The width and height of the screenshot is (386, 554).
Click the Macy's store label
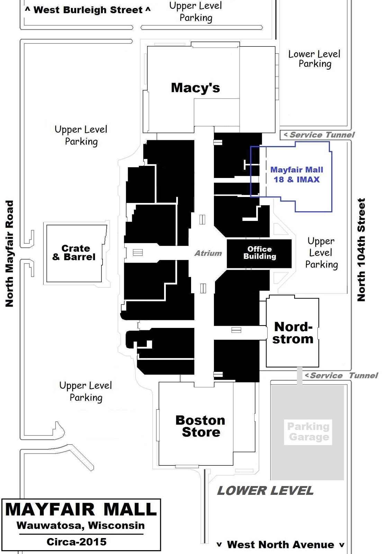click(195, 88)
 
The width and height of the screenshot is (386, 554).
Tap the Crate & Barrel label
click(74, 252)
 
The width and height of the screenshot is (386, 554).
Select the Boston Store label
click(200, 426)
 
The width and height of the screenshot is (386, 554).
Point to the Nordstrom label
click(293, 333)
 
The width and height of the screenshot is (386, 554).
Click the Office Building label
click(260, 252)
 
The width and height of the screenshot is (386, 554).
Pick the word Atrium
click(208, 253)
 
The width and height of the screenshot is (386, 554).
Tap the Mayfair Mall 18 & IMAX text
click(297, 175)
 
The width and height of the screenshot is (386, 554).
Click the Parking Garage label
click(308, 431)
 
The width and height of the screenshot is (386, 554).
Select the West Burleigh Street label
click(88, 10)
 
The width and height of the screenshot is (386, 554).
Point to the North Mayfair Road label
click(9, 253)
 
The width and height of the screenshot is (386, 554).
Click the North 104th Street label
click(361, 250)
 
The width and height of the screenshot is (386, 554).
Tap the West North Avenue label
click(280, 545)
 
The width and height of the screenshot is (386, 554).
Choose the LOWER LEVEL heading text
click(265, 491)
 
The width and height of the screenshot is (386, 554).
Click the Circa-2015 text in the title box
click(77, 542)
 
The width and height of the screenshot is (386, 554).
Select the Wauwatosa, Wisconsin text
click(81, 525)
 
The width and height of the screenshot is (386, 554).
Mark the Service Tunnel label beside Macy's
click(319, 135)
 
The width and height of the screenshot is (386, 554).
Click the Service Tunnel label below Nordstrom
click(341, 375)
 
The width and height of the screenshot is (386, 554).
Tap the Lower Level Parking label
click(315, 59)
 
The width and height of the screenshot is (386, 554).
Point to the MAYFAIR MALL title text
click(81, 509)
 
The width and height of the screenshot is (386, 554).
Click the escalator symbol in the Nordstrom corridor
click(236, 330)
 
